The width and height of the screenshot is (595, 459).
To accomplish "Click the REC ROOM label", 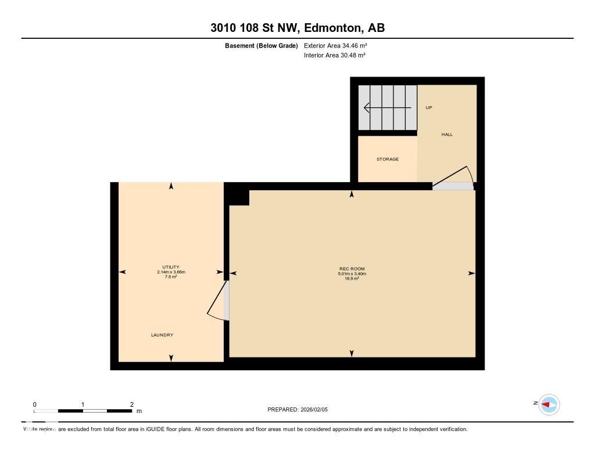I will coord(352,269).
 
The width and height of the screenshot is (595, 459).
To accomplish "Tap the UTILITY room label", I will coord(171,267).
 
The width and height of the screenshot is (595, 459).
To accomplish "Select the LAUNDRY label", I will coord(162,335).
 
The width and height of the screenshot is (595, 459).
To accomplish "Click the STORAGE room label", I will coord(388,159).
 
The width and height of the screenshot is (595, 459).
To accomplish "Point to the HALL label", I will coord(447,135).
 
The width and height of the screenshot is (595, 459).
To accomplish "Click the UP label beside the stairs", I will coord(429,108).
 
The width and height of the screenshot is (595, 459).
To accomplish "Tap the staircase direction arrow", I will coord(387,107).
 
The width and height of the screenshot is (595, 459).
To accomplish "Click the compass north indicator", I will coord(549,404).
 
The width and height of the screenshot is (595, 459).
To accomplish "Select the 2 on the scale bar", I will coord(132,404).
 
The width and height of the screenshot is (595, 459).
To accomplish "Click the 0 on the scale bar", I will coord(35,404).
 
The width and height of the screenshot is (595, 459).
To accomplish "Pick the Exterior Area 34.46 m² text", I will coord(335,45).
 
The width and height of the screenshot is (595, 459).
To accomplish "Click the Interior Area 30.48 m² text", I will coord(335,56).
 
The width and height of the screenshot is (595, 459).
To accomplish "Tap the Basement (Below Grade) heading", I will coord(261,45).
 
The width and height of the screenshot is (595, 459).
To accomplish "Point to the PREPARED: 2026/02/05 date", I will coord(302,410).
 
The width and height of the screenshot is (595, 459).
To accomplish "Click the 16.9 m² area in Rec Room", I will coord(352,279).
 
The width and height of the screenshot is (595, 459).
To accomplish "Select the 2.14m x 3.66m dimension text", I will coord(171,272).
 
